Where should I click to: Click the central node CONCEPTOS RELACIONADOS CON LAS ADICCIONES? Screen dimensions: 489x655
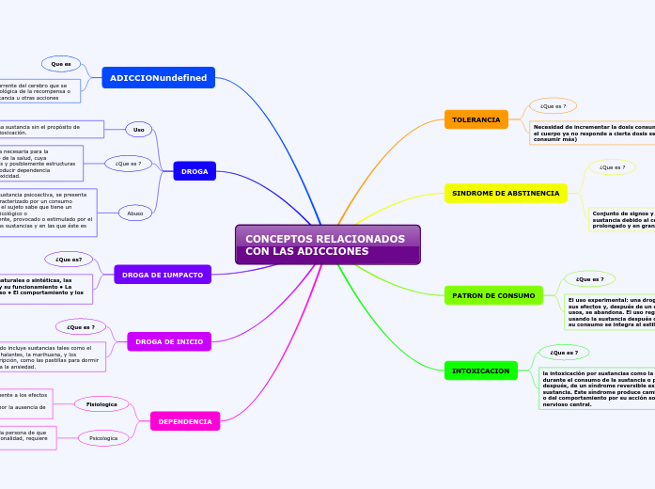(327, 244)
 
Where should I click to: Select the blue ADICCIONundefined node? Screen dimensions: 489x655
(158, 77)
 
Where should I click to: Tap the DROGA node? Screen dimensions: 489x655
(195, 171)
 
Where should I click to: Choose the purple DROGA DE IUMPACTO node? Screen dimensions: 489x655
(164, 275)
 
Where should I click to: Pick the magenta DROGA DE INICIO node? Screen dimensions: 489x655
(169, 341)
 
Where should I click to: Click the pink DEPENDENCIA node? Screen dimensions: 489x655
(184, 421)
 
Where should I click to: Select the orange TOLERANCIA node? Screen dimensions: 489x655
(476, 119)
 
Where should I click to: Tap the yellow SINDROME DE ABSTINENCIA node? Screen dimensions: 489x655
(506, 193)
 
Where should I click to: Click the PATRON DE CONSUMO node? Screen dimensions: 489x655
(493, 295)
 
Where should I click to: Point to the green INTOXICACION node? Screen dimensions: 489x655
(481, 371)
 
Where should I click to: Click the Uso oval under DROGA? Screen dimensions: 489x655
(139, 130)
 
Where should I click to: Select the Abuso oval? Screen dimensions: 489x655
(135, 213)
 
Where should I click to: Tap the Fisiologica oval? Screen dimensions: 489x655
(101, 404)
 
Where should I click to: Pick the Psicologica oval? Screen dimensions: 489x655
(103, 438)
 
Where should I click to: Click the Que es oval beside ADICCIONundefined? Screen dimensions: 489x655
(61, 64)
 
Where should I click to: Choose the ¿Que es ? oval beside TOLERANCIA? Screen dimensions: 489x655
(553, 106)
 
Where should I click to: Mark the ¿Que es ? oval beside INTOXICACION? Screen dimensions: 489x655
(564, 353)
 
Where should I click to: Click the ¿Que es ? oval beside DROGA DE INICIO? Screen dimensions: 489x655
(81, 327)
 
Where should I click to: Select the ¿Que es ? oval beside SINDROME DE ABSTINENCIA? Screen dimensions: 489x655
(612, 167)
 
